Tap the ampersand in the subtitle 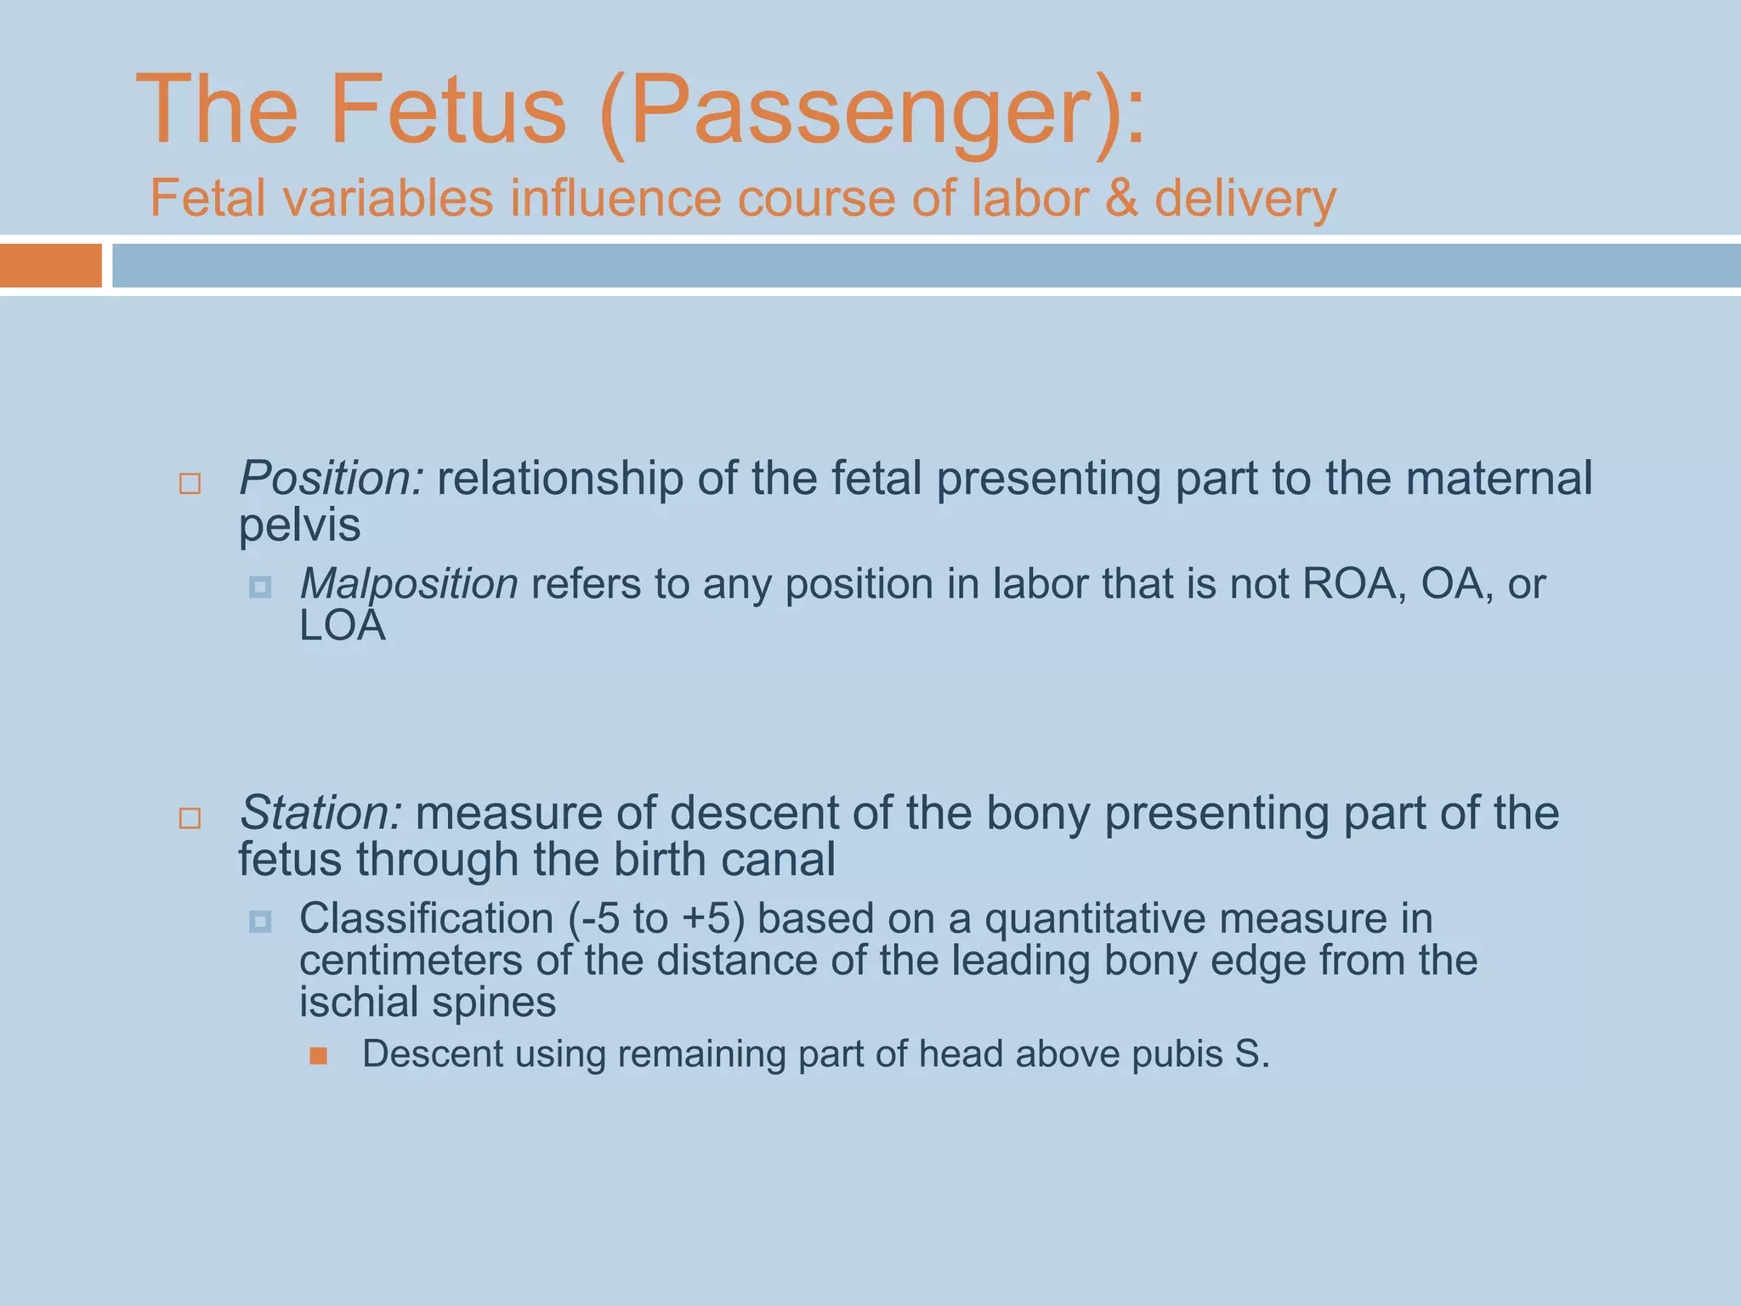1122,198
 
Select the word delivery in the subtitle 1245,200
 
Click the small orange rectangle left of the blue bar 50,265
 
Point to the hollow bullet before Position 190,485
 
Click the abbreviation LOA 343,626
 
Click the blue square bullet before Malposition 260,588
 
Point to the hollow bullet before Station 190,819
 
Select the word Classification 426,919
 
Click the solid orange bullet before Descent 319,1056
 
